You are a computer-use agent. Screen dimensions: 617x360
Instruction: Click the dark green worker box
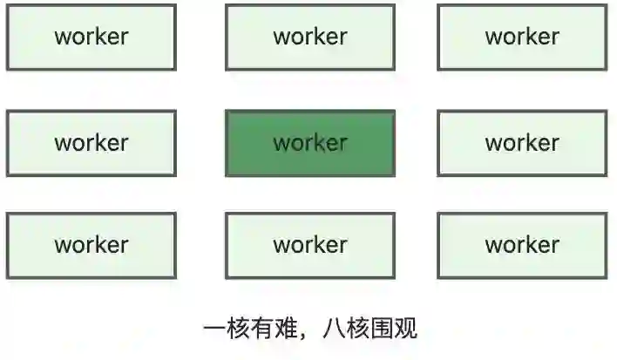coord(309,143)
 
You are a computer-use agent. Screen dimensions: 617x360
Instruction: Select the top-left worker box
coord(91,37)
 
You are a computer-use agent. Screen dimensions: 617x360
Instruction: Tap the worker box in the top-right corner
coord(522,37)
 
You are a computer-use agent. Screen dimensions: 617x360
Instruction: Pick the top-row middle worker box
coord(309,37)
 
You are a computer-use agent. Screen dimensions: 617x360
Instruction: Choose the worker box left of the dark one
coord(91,143)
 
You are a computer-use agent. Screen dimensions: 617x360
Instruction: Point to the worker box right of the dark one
coord(522,143)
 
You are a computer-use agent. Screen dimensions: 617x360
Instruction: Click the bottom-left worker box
coord(91,246)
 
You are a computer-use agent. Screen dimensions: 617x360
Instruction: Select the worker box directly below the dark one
coord(309,246)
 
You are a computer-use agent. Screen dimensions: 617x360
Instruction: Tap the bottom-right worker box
coord(522,246)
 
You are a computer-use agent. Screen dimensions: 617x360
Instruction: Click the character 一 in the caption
coord(214,329)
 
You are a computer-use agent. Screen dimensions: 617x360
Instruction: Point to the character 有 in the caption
coord(262,329)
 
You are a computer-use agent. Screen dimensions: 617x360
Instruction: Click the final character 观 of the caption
coord(406,329)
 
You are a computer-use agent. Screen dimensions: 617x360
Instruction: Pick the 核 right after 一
coord(238,329)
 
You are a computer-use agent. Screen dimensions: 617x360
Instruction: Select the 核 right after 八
coord(358,329)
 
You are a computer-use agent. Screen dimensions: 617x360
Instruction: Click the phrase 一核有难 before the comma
coord(250,329)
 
